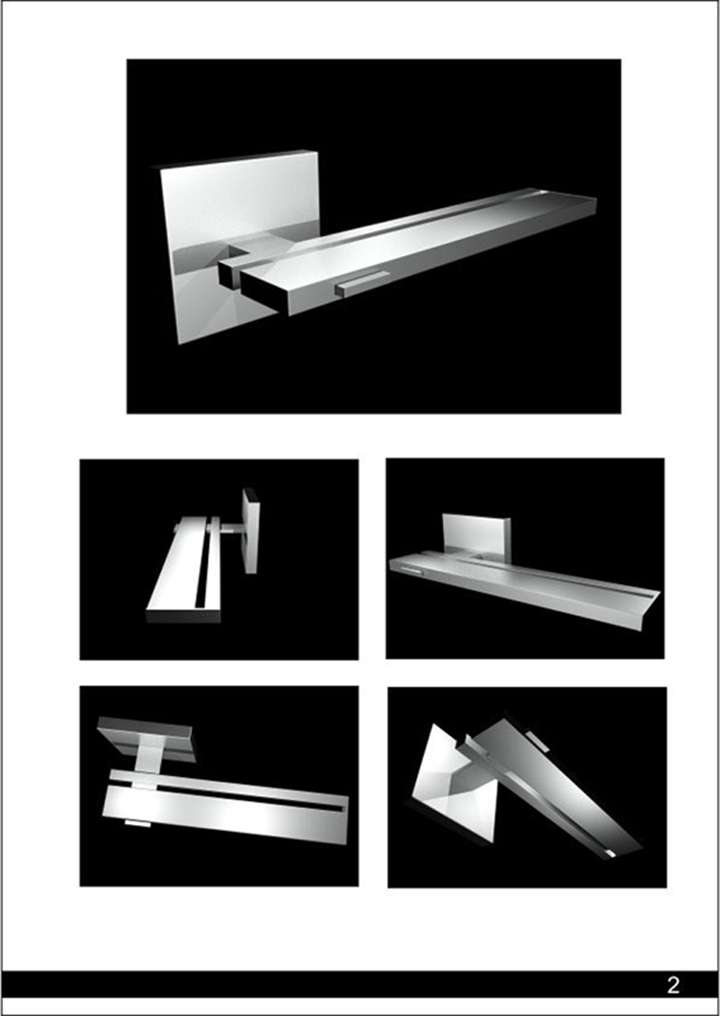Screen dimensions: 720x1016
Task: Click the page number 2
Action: coord(673,985)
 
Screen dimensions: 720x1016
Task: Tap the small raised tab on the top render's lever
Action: coord(363,284)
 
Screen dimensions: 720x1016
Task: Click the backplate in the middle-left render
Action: coord(250,531)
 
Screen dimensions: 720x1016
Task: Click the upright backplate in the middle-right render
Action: coord(476,537)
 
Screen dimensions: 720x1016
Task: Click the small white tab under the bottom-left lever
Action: coord(137,823)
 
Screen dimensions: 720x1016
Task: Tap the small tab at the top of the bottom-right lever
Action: coord(538,741)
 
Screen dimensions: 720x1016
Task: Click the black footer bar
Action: coord(360,985)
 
